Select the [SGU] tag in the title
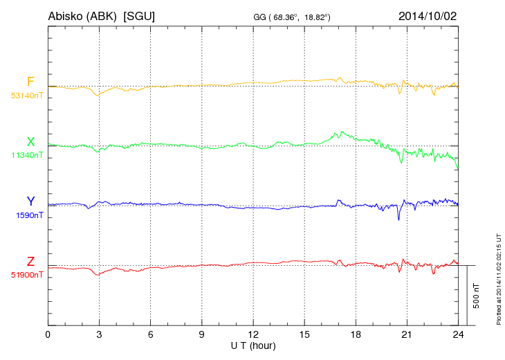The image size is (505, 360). (138, 15)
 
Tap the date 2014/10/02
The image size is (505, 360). (428, 15)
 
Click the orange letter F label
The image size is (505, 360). (30, 82)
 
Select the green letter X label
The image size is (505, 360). (30, 142)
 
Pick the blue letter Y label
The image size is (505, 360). (30, 201)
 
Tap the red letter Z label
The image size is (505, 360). (30, 261)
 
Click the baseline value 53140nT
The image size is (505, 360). (26, 96)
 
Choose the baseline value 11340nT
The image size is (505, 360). (26, 156)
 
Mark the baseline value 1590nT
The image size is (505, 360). (29, 215)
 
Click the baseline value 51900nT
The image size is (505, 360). (26, 275)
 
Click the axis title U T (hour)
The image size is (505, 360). (253, 344)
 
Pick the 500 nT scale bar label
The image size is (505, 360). (477, 296)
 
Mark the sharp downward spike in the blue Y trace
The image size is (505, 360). (398, 219)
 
